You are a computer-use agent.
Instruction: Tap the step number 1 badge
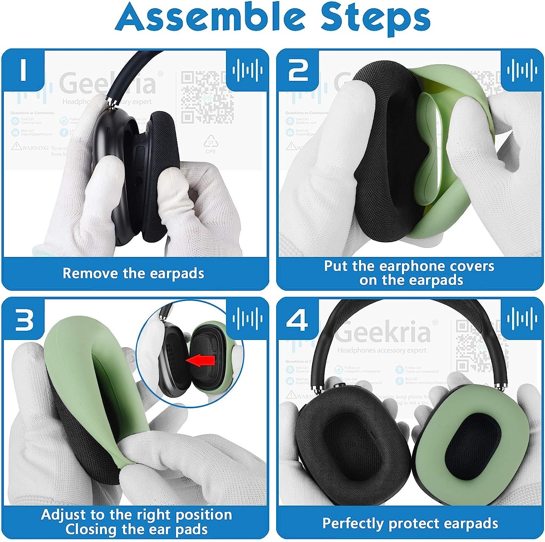[24, 70]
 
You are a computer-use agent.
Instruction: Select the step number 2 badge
[298, 70]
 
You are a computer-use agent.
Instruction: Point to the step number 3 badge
[24, 320]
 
